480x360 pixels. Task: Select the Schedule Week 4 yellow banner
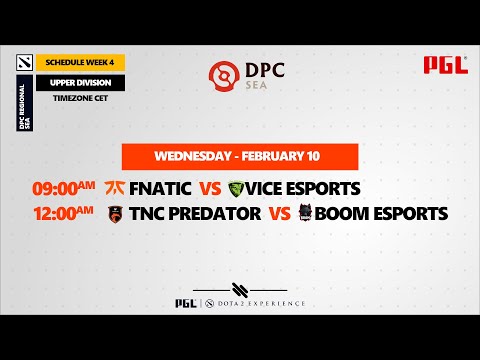pyautogui.click(x=80, y=62)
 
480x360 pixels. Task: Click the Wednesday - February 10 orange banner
pyautogui.click(x=240, y=157)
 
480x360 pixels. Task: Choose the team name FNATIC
pyautogui.click(x=160, y=188)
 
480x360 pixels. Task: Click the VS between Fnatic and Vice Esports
pyautogui.click(x=210, y=188)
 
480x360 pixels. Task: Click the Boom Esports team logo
pyautogui.click(x=307, y=213)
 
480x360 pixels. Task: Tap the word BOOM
pyautogui.click(x=345, y=213)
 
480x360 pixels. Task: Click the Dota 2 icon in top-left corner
pyautogui.click(x=23, y=62)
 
